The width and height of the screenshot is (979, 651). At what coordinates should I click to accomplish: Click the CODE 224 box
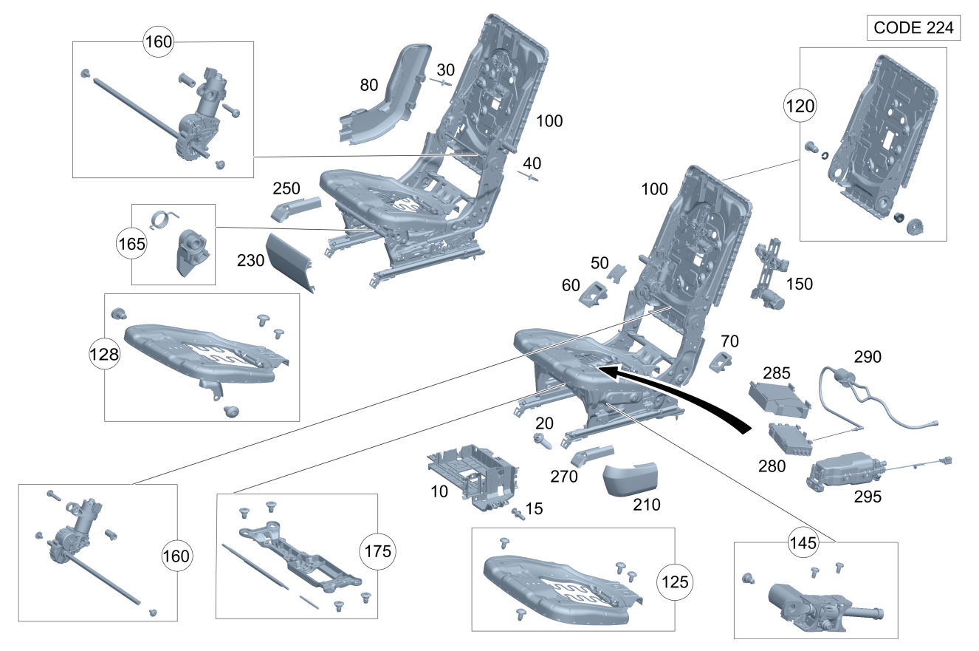pos(913,28)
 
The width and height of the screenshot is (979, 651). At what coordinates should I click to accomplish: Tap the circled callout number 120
pos(800,106)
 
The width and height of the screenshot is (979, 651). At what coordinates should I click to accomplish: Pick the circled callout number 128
pos(104,355)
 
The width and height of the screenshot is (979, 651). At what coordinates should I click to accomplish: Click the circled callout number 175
pos(377,551)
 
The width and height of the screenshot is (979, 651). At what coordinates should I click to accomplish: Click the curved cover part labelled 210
pos(630,478)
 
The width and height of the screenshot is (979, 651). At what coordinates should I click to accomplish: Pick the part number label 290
pos(868,357)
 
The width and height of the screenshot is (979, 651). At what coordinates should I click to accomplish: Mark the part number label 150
pos(799,284)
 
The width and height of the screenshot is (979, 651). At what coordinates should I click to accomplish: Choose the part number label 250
pos(286,188)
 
